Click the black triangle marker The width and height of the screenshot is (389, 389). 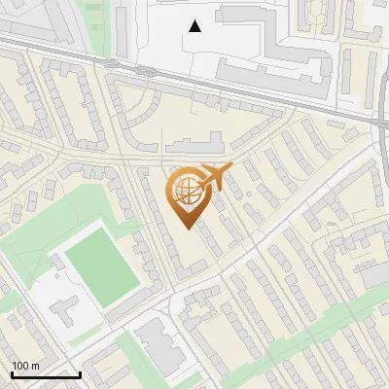click(x=195, y=26)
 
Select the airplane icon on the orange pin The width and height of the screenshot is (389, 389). click(x=216, y=177)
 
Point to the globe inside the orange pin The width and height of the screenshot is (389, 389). click(x=185, y=192)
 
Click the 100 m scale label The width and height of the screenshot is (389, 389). click(x=26, y=365)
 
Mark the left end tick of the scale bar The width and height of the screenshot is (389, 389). click(x=12, y=374)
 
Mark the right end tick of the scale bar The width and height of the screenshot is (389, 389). click(x=80, y=374)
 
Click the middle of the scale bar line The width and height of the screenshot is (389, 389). click(x=46, y=375)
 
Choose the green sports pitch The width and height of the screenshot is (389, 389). click(x=102, y=265)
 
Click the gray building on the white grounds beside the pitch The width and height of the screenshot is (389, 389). click(x=64, y=311)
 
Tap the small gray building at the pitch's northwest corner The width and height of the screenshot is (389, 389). click(x=57, y=262)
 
